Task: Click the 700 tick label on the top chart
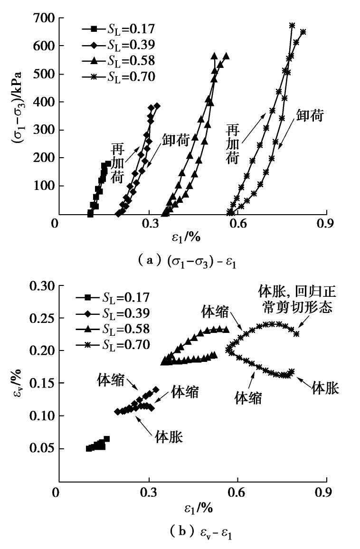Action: pyautogui.click(x=43, y=19)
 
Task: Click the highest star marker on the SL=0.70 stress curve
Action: pyautogui.click(x=292, y=25)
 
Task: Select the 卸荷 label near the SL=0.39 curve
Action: pyautogui.click(x=176, y=140)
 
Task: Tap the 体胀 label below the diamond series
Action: pyautogui.click(x=170, y=435)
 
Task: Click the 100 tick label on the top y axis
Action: pyautogui.click(x=43, y=186)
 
